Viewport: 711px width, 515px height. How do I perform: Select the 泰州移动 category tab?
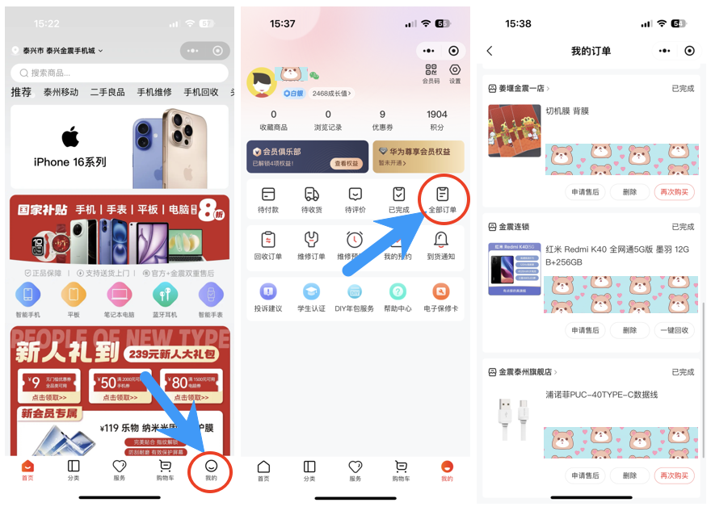click(61, 92)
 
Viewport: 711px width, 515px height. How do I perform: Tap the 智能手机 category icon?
click(27, 295)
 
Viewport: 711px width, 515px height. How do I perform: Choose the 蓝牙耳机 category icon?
click(165, 295)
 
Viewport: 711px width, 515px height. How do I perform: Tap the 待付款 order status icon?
click(268, 195)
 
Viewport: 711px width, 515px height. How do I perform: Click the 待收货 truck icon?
click(312, 195)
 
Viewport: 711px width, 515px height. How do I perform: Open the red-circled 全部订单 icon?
click(442, 195)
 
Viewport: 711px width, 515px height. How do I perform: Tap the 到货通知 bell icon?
click(441, 240)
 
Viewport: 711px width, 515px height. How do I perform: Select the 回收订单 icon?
click(268, 240)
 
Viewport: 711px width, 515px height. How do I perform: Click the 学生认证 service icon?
click(312, 292)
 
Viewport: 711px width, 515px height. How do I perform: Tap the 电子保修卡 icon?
click(441, 292)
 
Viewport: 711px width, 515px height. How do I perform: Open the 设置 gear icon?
click(455, 71)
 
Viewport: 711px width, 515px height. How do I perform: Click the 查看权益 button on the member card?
click(347, 163)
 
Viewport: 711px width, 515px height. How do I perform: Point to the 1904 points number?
click(437, 115)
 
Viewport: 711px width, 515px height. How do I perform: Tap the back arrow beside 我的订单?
click(490, 51)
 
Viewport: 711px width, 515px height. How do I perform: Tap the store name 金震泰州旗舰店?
click(524, 372)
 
